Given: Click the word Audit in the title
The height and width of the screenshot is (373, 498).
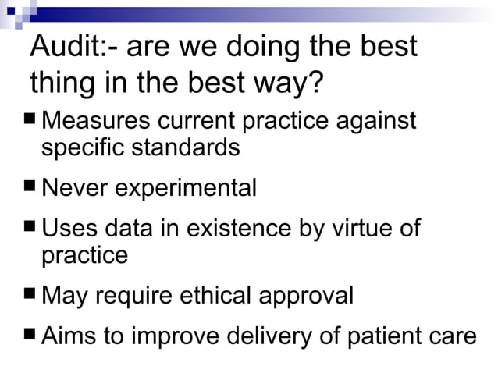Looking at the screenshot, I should point(64,48).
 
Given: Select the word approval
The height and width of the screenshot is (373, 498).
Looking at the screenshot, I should point(308,297).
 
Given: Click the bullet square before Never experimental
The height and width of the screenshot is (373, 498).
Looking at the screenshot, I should point(30,188).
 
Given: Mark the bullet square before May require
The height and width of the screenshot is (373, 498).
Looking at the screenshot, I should point(30,296).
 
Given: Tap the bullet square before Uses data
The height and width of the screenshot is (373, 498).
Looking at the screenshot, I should point(30,229).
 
